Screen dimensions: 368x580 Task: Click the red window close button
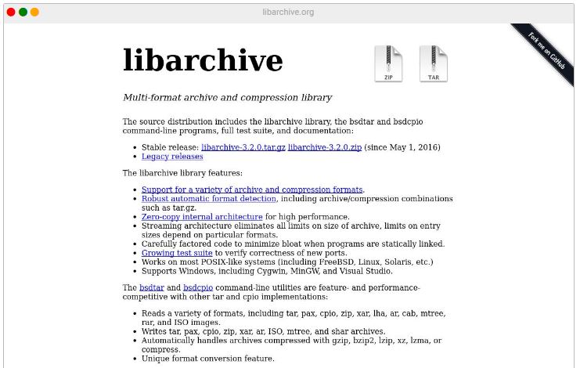coord(11,12)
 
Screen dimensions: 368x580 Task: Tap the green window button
coord(23,12)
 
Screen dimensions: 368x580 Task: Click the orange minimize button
coord(34,12)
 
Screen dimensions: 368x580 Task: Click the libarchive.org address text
coord(289,12)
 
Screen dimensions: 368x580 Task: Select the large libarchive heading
coord(203,60)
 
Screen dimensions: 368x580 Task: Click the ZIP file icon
coord(388,63)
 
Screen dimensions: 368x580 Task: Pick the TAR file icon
coord(433,63)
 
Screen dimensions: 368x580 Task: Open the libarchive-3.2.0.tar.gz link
coord(243,147)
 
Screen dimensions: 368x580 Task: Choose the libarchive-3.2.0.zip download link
coord(324,147)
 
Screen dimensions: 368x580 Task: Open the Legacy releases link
coord(172,157)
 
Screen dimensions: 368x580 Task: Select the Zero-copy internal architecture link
coord(202,216)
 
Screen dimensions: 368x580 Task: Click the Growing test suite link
coord(177,253)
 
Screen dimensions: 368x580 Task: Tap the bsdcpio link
coord(198,288)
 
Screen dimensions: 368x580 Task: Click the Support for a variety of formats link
coord(252,189)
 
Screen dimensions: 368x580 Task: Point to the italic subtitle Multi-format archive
coord(227,98)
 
